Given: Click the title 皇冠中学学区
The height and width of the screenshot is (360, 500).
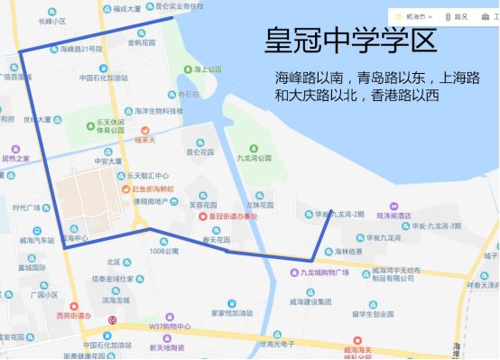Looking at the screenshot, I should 351,41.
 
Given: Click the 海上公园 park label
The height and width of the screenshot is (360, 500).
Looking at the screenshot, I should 208,69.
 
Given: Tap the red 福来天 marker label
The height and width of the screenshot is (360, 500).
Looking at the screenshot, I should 146,140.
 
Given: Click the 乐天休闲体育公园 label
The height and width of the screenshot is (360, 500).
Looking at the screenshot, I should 111,125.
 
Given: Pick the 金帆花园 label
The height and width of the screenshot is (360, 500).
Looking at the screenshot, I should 142,42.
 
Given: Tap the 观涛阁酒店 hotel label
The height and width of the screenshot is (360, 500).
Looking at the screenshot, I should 394,216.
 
